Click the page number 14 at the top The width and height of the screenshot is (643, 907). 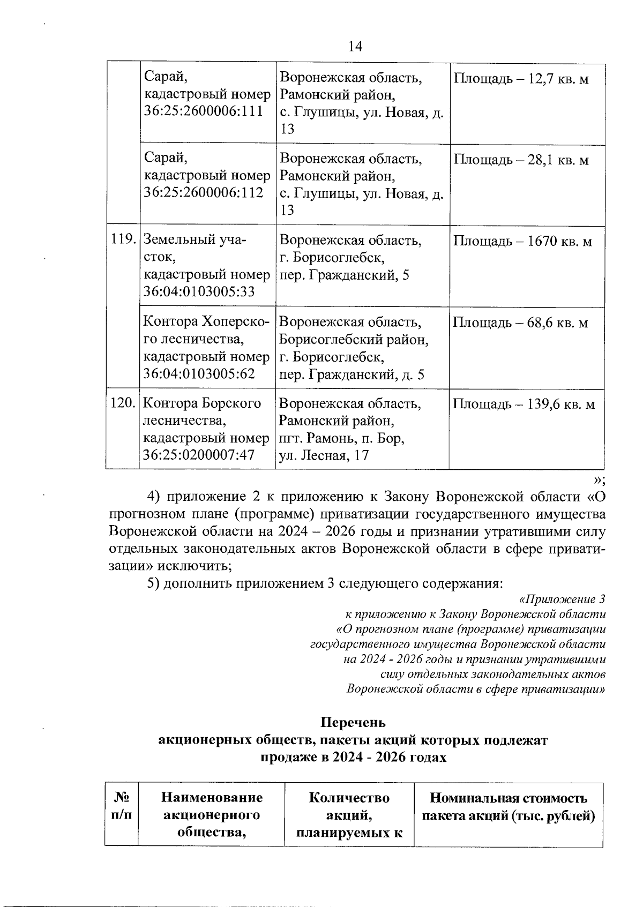tap(355, 47)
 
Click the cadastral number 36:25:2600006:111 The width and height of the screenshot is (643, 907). tap(204, 111)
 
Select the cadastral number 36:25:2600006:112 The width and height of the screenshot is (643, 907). tap(204, 192)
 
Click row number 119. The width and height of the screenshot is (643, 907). tap(123, 239)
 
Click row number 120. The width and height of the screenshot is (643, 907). tap(122, 403)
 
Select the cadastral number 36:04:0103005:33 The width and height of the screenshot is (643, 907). tap(199, 291)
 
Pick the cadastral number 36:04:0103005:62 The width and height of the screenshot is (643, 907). tap(199, 373)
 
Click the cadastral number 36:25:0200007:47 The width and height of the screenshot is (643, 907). tap(199, 455)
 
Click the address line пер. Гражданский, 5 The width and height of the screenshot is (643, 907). tap(344, 275)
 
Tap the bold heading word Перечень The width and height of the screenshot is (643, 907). tap(353, 723)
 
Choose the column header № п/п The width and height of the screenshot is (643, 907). tap(122, 806)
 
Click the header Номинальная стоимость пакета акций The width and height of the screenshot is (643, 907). tap(509, 807)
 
